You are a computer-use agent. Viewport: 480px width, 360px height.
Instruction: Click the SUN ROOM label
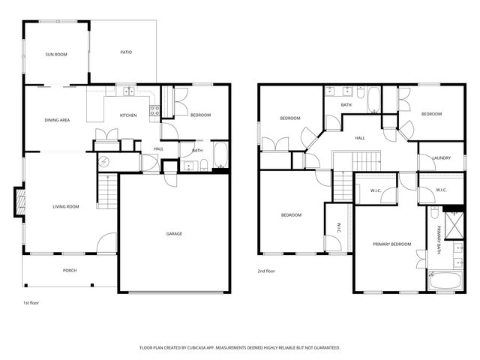coord(56,55)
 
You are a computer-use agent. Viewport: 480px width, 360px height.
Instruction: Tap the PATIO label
coord(126,52)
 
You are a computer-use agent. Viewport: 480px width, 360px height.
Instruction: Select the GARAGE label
coord(174,234)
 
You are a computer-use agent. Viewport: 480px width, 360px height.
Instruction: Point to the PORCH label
coord(70,271)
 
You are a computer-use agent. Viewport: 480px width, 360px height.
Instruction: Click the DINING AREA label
coord(57,120)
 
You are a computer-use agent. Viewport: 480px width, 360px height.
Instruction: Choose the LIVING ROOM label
coord(66,206)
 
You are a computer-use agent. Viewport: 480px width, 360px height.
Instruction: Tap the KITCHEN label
coord(128,115)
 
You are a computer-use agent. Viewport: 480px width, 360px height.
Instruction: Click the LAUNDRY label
coord(441,157)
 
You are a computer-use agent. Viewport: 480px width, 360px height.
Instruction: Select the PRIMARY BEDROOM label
coord(392,244)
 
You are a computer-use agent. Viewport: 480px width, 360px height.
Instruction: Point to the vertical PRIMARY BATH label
coord(439,240)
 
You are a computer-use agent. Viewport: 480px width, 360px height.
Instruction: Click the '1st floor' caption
coord(31,303)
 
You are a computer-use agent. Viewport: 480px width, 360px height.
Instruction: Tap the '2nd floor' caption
coord(267,271)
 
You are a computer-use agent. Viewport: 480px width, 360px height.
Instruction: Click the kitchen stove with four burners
coord(155,112)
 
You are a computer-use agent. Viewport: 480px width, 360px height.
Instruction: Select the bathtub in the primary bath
coord(445,281)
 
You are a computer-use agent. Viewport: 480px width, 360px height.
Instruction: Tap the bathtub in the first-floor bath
coord(220,155)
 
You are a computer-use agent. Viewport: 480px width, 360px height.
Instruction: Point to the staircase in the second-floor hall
coord(367,160)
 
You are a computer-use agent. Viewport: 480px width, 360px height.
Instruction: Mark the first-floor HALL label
coord(159,148)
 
